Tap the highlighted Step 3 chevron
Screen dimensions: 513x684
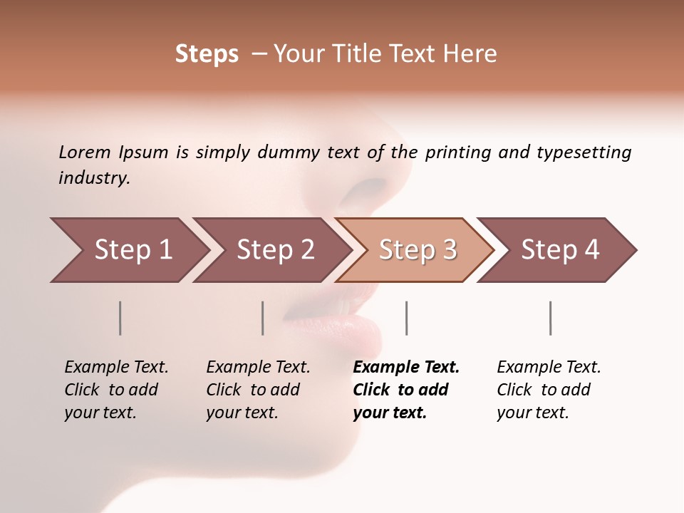tap(418, 250)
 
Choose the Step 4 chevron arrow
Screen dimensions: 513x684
tap(560, 250)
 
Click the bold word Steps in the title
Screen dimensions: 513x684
tap(207, 54)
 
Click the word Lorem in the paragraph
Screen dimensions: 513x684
tap(84, 152)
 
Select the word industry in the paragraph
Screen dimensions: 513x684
tap(93, 178)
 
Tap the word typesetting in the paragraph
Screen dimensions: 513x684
tap(584, 152)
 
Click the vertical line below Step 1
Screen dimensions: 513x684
tap(120, 318)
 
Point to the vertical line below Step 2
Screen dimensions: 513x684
tap(263, 318)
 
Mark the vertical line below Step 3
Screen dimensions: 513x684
tap(406, 318)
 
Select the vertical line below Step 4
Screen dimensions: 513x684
tap(550, 318)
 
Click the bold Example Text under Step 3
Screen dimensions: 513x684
tap(406, 368)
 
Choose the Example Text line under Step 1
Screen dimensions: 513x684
tap(116, 368)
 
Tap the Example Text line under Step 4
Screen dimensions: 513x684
tap(549, 368)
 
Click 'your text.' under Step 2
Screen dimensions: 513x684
tap(242, 413)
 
